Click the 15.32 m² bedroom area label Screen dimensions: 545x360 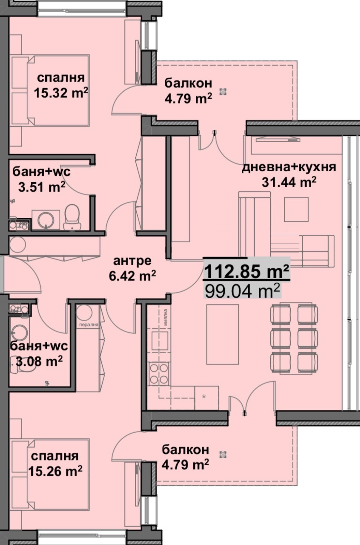point(61,93)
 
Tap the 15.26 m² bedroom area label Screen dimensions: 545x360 point(55,471)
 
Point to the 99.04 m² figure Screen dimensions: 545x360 point(242,291)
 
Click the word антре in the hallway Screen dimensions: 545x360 point(132,261)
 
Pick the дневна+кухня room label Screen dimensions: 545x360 point(289,167)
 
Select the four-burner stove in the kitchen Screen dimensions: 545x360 point(159,374)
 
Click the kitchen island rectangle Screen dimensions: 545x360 point(222,334)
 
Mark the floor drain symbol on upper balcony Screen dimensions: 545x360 point(223,91)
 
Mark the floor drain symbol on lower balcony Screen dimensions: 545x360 point(223,454)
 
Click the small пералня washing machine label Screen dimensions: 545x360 point(88,325)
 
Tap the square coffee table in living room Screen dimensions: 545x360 point(296,209)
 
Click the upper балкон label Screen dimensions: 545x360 point(188,83)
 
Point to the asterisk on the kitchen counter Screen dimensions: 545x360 point(204,396)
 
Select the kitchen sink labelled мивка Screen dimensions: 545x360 point(160,340)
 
